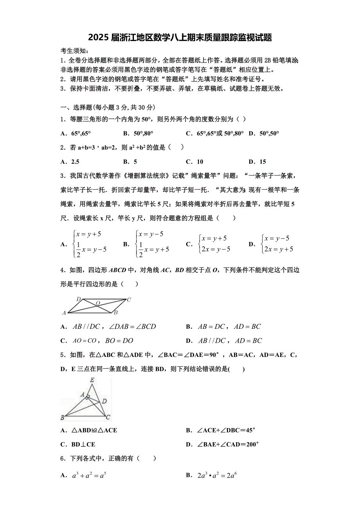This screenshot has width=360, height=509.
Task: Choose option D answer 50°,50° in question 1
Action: coord(268,133)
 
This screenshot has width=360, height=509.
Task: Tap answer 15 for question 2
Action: coord(263,161)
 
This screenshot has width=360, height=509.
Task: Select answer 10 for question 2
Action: coord(200,161)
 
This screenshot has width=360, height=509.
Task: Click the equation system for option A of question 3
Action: coord(90,244)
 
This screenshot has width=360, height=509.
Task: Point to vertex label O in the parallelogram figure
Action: coord(98,303)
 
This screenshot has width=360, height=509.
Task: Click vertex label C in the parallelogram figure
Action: coord(129,300)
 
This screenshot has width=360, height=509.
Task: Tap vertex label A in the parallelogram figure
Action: coord(64,313)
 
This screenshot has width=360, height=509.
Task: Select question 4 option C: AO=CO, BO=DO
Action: coord(103,341)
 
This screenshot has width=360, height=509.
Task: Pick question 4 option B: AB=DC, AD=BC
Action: coord(229,326)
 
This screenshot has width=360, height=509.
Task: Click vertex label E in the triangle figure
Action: coord(92,380)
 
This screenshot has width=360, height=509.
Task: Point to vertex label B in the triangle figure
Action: coord(63,418)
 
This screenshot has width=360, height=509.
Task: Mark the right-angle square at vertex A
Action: coord(88,398)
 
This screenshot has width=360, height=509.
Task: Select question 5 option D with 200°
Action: coord(227,444)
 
